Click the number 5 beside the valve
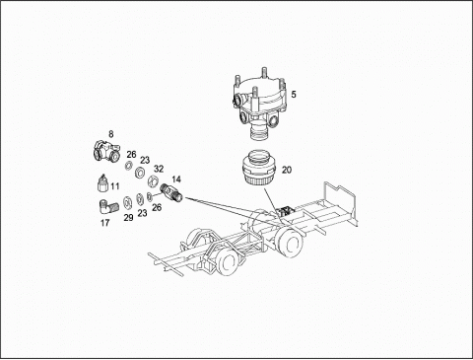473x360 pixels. (x=294, y=95)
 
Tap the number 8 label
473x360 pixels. (x=111, y=134)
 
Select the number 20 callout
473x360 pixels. (x=287, y=170)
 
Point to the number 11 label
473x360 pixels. (x=114, y=186)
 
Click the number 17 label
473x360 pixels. (x=104, y=223)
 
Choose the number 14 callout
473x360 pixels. (x=176, y=180)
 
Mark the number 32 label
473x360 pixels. (x=159, y=169)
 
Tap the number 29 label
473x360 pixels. (x=128, y=218)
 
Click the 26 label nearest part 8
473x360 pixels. (x=131, y=154)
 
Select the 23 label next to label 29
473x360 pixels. (x=142, y=213)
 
